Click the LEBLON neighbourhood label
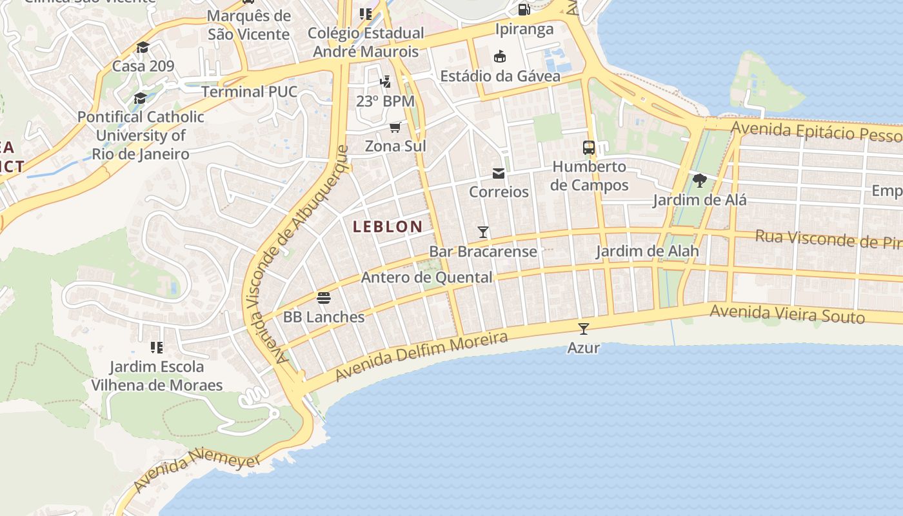(x=388, y=226)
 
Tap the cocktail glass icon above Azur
(x=584, y=329)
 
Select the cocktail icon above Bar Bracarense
(x=482, y=232)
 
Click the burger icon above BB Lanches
(x=324, y=298)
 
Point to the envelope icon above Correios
(x=499, y=173)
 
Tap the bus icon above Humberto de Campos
(x=589, y=147)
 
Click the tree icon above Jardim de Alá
(x=700, y=181)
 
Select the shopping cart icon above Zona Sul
(x=395, y=127)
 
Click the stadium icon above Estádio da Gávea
(x=500, y=57)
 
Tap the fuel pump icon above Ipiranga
(x=524, y=10)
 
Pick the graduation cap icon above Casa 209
(x=143, y=47)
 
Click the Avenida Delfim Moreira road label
(x=422, y=355)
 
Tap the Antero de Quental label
(x=427, y=277)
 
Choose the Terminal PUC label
(x=250, y=92)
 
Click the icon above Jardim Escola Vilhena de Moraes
(x=156, y=348)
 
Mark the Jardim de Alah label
(x=647, y=251)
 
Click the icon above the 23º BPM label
(x=385, y=82)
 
